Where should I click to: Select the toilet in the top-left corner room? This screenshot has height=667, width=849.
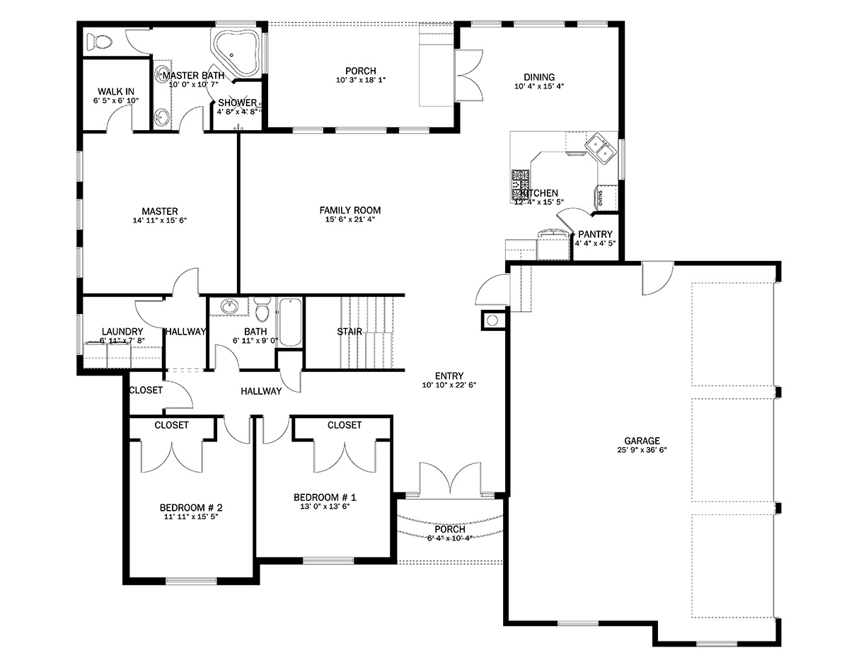(97, 42)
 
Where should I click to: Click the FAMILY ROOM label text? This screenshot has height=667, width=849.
(350, 210)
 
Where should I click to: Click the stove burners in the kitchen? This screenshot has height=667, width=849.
(520, 182)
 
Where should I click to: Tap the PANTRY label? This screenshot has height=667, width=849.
(595, 234)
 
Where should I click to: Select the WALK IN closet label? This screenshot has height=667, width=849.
(116, 91)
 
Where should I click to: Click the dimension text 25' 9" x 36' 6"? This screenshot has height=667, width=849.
(642, 450)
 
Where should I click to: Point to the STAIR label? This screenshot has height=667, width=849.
(350, 331)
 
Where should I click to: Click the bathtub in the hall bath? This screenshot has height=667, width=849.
(290, 323)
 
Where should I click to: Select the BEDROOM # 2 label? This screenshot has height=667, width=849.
(191, 508)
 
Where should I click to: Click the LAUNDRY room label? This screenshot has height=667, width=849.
(122, 331)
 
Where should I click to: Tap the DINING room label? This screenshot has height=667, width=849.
(539, 77)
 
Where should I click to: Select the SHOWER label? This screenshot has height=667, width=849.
(237, 103)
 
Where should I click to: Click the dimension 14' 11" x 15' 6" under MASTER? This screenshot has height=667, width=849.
(159, 221)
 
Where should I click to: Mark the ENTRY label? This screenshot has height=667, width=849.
(449, 376)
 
